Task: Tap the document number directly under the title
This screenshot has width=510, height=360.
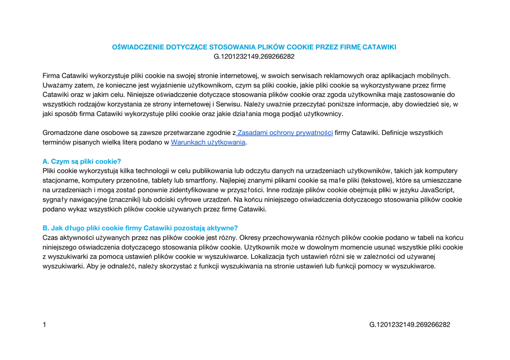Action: coord(254,57)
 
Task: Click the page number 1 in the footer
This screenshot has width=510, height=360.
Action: coord(44,325)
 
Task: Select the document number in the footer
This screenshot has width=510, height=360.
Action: coord(409,325)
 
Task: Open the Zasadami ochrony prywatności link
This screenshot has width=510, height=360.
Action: coord(285,133)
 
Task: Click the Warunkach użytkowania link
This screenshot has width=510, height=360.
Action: coord(208,142)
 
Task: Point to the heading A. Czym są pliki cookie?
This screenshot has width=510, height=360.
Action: coord(82,161)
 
